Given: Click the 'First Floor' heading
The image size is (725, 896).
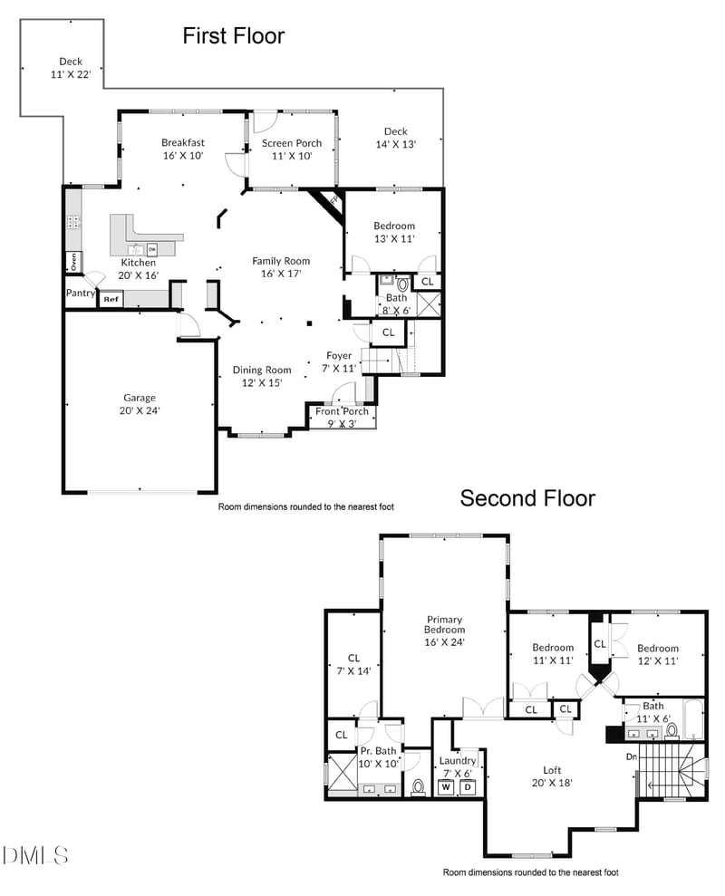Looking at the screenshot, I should (x=233, y=36).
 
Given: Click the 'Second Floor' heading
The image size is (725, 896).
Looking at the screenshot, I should (x=527, y=498).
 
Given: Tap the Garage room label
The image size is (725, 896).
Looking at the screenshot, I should (x=140, y=404).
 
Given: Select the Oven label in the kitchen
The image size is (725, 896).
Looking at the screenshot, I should (x=72, y=262).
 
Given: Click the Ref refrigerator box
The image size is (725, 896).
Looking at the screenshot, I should (x=111, y=299).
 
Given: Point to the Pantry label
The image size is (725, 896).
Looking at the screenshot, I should (x=80, y=294).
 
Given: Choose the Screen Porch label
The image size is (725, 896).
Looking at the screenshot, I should (x=292, y=149).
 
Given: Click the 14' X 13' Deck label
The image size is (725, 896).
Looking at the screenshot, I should (x=395, y=138).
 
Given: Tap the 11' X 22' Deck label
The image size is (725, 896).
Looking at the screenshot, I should (x=71, y=68).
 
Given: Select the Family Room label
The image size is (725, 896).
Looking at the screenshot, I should (x=281, y=267).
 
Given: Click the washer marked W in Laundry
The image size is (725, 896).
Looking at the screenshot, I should (x=446, y=787).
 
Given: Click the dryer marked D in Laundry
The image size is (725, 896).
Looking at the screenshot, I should (x=469, y=787).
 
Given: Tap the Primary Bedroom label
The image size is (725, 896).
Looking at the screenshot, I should (x=445, y=631).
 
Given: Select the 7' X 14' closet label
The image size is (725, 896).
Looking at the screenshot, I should (x=354, y=665).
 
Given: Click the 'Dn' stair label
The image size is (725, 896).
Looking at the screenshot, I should (x=632, y=756).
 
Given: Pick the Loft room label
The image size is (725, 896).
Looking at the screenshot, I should (x=552, y=776).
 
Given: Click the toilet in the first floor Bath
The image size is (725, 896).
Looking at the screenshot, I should (x=402, y=284).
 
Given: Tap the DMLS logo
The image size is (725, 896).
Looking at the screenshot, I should (x=36, y=854).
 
